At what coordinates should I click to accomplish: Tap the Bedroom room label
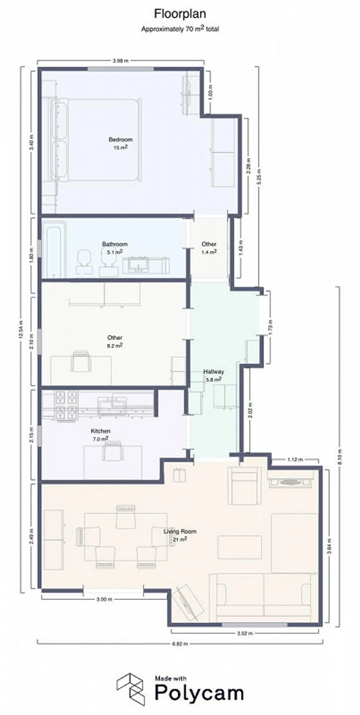point(120,140)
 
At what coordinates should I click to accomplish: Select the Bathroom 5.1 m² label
point(115,248)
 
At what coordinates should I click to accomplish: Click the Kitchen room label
point(100,431)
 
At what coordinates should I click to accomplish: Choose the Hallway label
point(213,372)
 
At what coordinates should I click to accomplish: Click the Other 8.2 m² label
point(115,341)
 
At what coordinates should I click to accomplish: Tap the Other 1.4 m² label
point(209,248)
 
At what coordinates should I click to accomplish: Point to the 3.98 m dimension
point(121,61)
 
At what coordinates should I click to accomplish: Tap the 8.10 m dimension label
point(340,457)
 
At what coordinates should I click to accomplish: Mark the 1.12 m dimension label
point(295,460)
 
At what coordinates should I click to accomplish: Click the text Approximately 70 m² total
point(180,29)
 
